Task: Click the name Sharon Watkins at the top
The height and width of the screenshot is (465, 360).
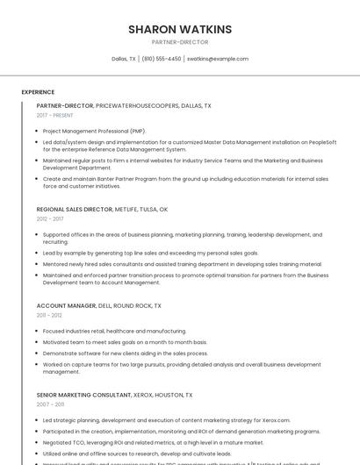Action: point(180,30)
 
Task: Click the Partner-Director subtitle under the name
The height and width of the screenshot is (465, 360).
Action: point(180,42)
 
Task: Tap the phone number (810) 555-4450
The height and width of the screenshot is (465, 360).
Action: point(162,59)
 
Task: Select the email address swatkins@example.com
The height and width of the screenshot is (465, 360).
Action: point(218,59)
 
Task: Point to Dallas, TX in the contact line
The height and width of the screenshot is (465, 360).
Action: point(124,59)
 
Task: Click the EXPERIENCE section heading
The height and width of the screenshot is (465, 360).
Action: point(38,91)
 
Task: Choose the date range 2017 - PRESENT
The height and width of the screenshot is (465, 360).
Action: point(55,115)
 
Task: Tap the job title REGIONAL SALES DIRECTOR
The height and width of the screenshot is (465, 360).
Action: point(75,210)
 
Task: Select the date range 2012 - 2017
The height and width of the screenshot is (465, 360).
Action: point(50,218)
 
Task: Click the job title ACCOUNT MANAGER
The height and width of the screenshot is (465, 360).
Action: point(66,305)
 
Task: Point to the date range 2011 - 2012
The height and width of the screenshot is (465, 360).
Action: point(49,314)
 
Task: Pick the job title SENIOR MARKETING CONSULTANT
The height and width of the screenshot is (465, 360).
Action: point(85,395)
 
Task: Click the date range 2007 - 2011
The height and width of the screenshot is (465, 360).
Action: point(50,404)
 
